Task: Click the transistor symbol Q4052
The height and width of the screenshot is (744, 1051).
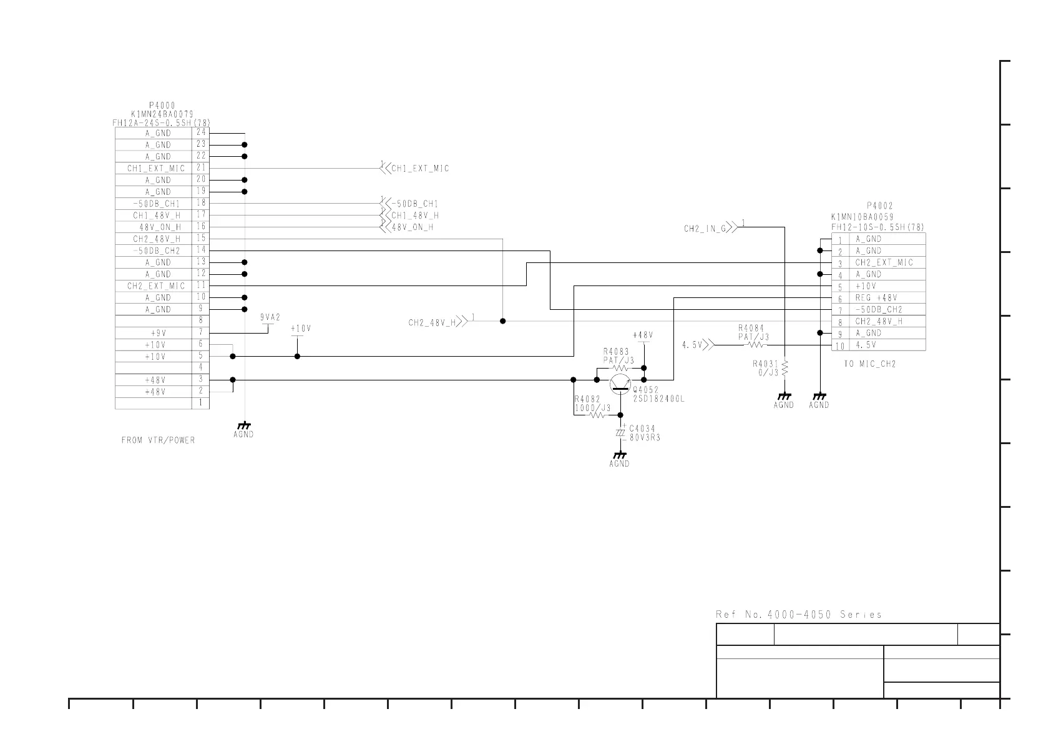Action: pos(620,382)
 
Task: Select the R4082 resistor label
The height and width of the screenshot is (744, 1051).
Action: pos(587,399)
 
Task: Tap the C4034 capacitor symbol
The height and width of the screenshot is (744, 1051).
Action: pos(620,433)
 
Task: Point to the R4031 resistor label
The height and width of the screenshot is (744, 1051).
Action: pos(765,364)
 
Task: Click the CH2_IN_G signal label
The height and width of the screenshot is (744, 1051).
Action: pos(705,229)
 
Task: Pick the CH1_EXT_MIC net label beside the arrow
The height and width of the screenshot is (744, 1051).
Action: pos(420,169)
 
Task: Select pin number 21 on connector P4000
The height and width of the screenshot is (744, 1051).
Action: pos(201,167)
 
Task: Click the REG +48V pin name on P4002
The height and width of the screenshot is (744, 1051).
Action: pos(876,298)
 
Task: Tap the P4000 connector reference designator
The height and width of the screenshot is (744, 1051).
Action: pos(162,106)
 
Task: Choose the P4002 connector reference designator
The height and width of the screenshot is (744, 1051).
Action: pos(880,206)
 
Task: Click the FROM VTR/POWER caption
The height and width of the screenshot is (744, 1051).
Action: pos(158,440)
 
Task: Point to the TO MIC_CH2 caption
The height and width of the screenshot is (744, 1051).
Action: pos(869,364)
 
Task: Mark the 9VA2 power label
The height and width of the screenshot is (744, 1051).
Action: pos(270,317)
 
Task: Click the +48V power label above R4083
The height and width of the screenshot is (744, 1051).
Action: pos(643,335)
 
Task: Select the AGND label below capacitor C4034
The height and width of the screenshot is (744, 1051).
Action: pos(619,464)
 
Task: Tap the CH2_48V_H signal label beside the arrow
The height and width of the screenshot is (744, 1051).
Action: pos(431,323)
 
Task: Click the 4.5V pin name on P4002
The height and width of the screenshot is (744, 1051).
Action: pos(866,345)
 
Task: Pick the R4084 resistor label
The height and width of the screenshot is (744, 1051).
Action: pos(751,328)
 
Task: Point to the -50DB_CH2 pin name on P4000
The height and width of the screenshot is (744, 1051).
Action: pos(156,250)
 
